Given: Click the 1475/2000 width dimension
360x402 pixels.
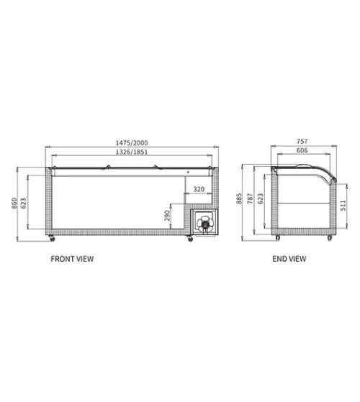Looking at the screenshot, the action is click(x=132, y=143).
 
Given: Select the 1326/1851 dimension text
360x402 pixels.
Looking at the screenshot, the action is click(x=132, y=152).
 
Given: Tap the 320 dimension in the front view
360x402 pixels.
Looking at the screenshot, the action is click(x=199, y=189).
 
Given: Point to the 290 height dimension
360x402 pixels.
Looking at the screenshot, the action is click(x=167, y=216).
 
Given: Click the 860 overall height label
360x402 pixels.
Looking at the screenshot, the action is click(x=14, y=204).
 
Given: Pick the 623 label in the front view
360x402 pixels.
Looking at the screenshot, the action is click(x=23, y=204).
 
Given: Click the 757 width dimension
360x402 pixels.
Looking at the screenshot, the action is click(x=302, y=141).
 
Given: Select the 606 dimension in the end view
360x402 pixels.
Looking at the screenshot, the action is click(x=302, y=150).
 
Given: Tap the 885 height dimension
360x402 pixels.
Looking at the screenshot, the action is click(x=239, y=198).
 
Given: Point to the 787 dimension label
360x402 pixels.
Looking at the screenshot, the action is click(x=250, y=198).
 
